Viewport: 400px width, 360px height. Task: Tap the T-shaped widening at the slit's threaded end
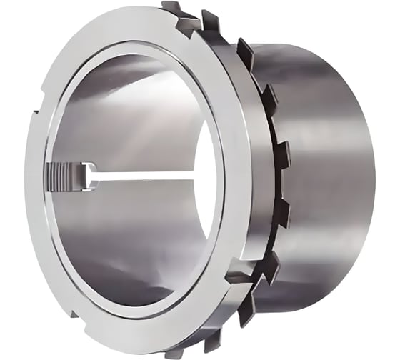[90, 176]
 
